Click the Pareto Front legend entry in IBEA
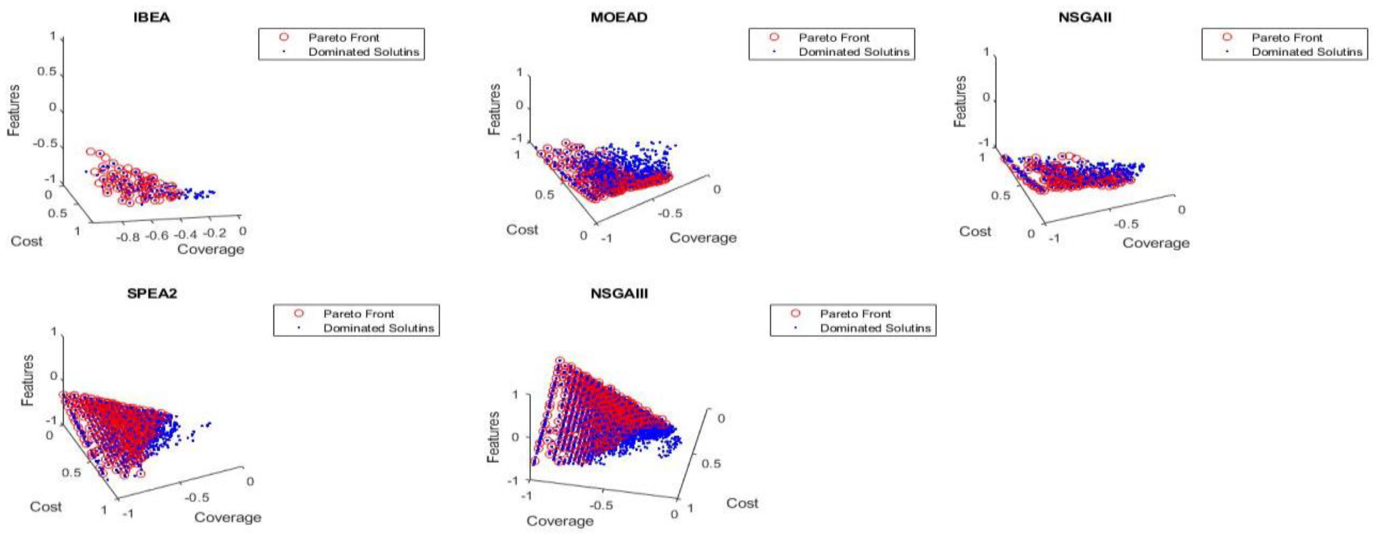tap(343, 38)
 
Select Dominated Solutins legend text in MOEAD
tap(854, 52)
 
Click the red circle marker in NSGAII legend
tap(1227, 37)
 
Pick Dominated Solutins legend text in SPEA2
tap(378, 328)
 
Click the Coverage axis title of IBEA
tap(211, 250)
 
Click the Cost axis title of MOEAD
tap(522, 230)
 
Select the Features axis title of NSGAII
tap(960, 102)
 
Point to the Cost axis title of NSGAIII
tap(742, 503)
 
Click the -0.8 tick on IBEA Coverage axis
tap(129, 236)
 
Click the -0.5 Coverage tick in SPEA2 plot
tap(197, 498)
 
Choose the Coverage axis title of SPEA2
tap(227, 517)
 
